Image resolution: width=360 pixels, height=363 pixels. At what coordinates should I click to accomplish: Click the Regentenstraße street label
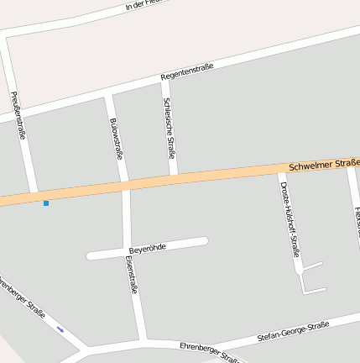[x=187, y=71]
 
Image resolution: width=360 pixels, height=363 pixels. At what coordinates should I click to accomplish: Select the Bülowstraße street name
[x=117, y=139]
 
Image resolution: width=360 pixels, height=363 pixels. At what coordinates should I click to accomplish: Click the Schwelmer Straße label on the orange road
[x=323, y=164]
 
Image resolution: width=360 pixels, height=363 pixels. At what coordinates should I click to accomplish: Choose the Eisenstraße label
[x=131, y=276]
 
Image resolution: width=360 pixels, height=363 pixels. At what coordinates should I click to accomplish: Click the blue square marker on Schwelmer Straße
[x=46, y=203]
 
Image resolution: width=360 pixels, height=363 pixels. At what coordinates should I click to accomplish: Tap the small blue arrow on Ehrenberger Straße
[x=60, y=329]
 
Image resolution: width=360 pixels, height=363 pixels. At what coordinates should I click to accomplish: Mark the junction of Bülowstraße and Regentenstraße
[x=108, y=94]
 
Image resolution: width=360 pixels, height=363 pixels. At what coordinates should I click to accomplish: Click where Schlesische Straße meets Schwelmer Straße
[x=174, y=177]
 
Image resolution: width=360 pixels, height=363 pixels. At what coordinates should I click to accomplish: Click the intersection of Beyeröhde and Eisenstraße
[x=128, y=251]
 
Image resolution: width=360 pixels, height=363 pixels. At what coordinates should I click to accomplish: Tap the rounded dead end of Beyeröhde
[x=203, y=242]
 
